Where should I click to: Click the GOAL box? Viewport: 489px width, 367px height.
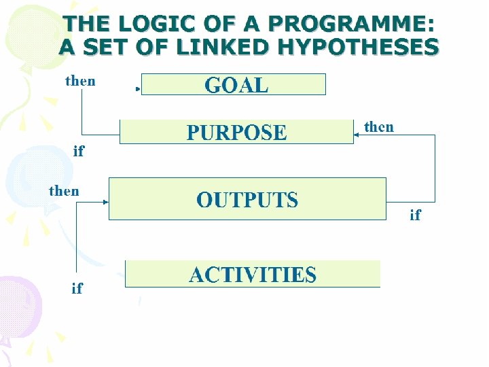(x=233, y=84)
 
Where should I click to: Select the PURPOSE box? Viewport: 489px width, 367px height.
(x=236, y=132)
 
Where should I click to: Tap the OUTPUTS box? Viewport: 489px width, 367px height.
(x=247, y=199)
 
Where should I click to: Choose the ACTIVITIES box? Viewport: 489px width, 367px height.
(x=253, y=274)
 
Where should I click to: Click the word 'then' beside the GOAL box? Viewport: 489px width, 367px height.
(x=80, y=81)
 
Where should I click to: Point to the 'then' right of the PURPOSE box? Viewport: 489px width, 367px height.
(x=378, y=126)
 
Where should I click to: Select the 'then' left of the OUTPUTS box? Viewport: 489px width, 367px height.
(x=64, y=191)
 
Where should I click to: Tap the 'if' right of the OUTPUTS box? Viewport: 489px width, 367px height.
(x=415, y=215)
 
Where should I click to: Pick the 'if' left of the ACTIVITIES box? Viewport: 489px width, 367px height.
(x=77, y=288)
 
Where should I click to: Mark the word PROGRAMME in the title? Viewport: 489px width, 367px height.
(x=349, y=24)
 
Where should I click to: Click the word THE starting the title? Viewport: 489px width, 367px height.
(x=87, y=24)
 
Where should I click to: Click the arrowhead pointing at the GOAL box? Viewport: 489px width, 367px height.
(x=139, y=88)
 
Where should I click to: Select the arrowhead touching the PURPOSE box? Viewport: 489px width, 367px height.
(x=356, y=135)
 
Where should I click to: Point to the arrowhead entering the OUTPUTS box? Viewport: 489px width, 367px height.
(x=106, y=202)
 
